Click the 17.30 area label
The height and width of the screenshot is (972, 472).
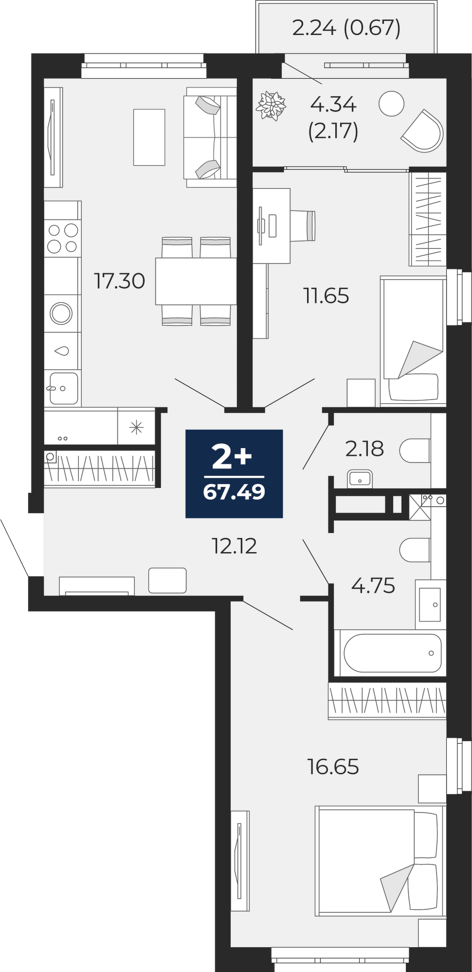[120, 281]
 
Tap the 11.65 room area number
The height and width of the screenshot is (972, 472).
[326, 295]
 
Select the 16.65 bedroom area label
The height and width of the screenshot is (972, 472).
[333, 766]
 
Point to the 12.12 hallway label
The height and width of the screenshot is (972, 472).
[234, 546]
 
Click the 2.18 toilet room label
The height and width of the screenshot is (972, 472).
[365, 449]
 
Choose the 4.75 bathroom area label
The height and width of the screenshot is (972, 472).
[373, 586]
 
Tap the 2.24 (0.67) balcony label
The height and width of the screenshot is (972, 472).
[347, 28]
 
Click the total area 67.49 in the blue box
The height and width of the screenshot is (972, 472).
[234, 492]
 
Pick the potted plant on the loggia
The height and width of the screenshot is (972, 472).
[271, 105]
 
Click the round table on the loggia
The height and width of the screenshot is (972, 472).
[391, 104]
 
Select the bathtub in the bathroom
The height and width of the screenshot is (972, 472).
[392, 653]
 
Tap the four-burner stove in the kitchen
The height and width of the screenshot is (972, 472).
[63, 238]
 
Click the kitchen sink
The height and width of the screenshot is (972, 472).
[63, 387]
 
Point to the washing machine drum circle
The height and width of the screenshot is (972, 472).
[61, 313]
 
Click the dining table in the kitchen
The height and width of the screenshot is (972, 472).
[196, 281]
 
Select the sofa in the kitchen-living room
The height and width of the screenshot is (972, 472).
[210, 137]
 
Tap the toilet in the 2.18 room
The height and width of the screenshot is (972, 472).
[415, 451]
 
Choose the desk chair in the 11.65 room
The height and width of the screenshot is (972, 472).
[303, 226]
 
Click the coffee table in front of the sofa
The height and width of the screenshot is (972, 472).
[149, 137]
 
